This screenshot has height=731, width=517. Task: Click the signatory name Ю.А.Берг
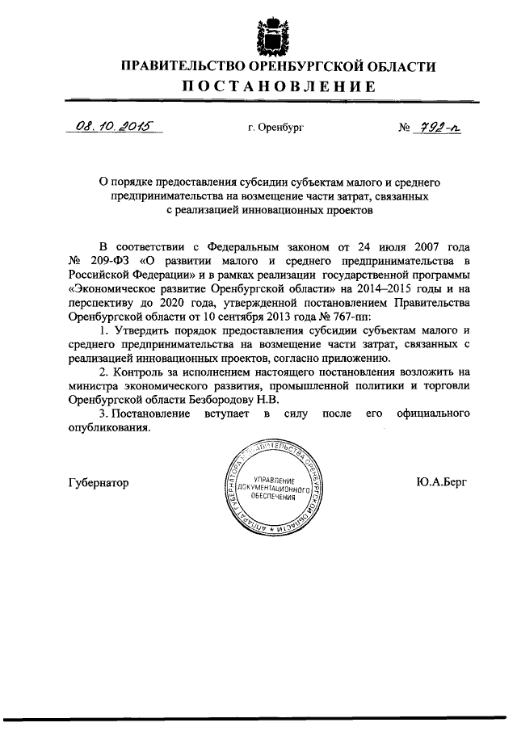pyautogui.click(x=441, y=483)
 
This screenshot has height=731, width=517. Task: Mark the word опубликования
pyautogui.click(x=110, y=428)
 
